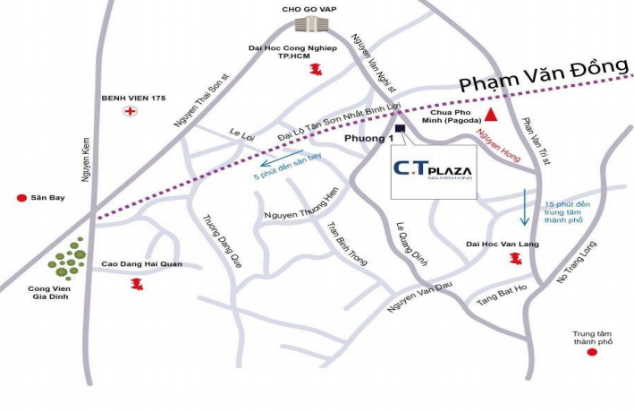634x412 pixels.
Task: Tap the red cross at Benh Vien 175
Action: [131, 111]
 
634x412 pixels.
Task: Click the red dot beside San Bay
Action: [21, 197]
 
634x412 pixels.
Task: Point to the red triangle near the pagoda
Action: [492, 114]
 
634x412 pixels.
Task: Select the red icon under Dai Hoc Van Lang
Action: [514, 259]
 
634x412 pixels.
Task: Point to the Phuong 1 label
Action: [368, 140]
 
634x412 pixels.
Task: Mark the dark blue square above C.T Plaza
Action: [399, 128]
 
